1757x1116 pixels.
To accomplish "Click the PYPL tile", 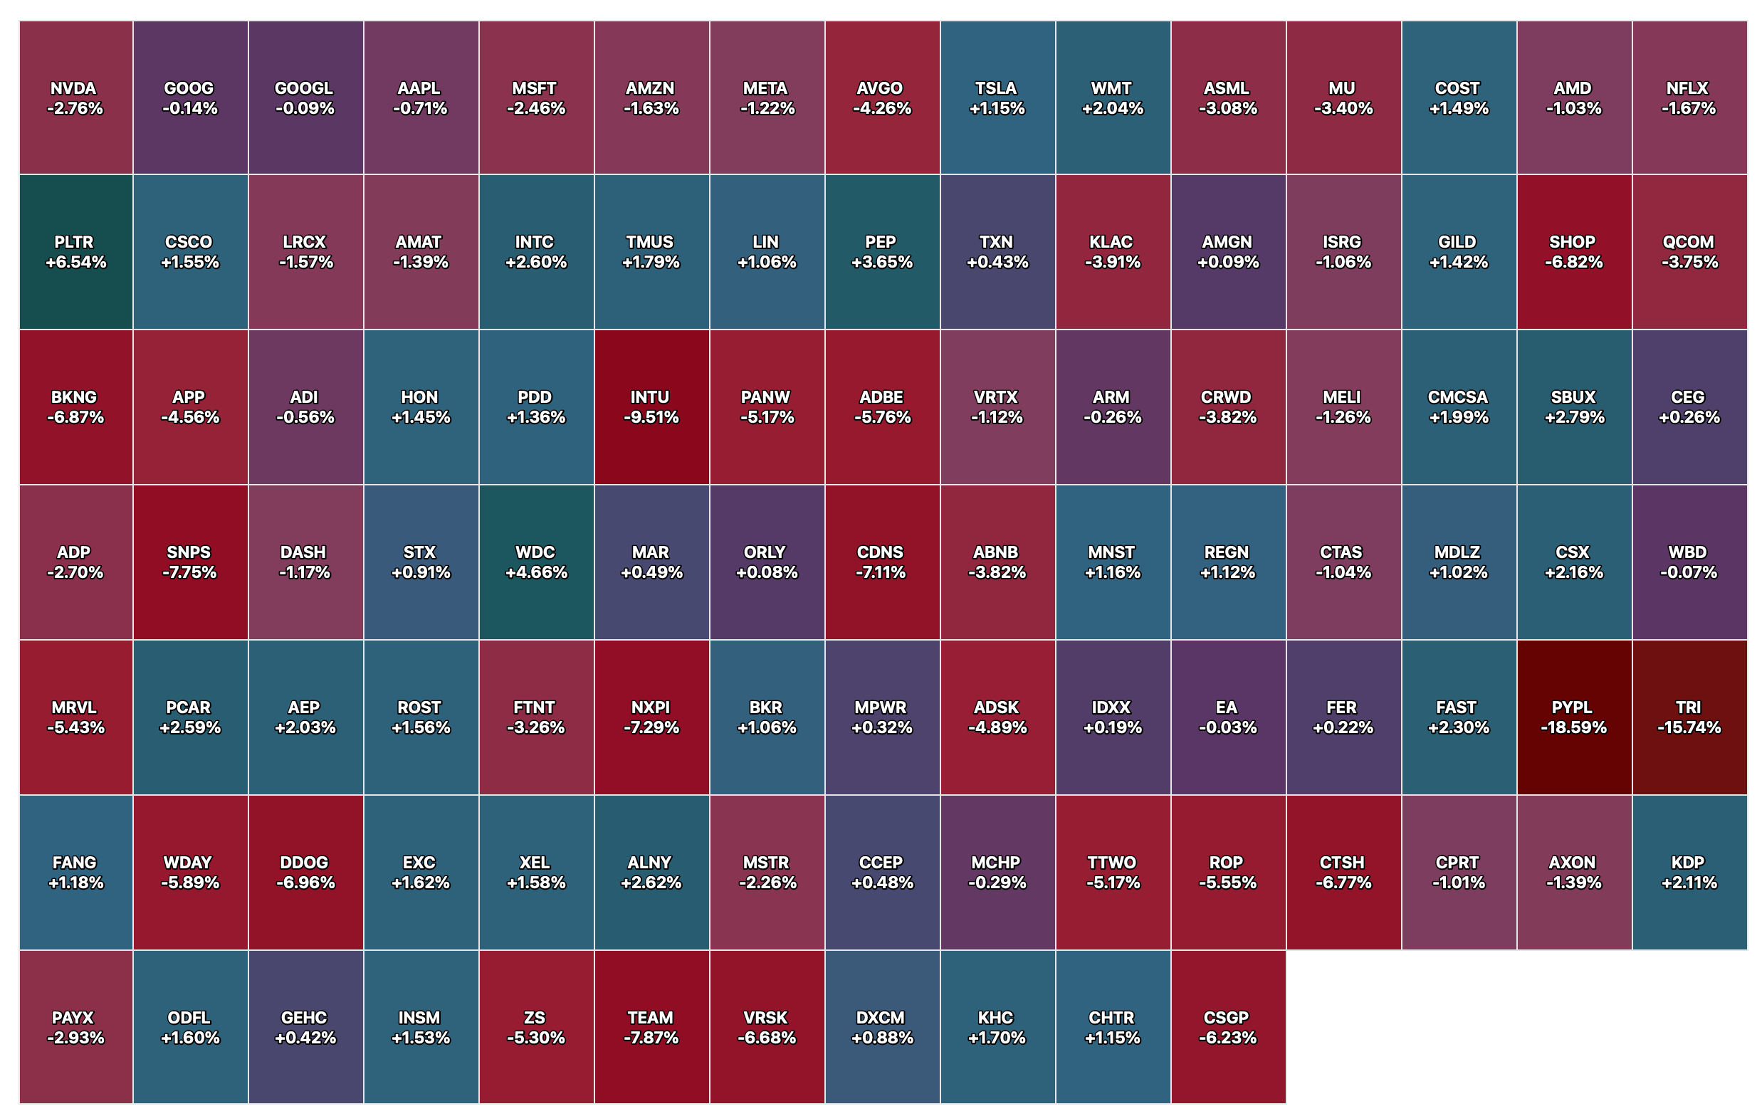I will pos(1573,717).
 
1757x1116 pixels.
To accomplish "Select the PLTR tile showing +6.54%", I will pos(76,252).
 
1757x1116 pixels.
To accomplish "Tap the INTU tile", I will pos(651,407).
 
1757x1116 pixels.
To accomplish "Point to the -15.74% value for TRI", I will pos(1689,727).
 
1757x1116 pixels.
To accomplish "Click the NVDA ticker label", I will pos(73,88).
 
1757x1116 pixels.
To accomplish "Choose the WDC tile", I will pos(535,562).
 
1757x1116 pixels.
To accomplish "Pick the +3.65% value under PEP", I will pos(881,262).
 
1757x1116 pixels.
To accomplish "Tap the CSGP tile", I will pos(1227,1027).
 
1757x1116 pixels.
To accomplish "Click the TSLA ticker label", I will pos(996,88).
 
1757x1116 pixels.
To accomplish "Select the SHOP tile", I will pos(1573,252).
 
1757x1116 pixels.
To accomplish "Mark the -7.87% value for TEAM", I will pos(651,1037).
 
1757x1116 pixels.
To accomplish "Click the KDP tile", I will pos(1689,873).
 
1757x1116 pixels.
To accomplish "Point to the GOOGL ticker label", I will pos(304,88).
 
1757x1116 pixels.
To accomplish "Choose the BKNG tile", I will pos(76,407).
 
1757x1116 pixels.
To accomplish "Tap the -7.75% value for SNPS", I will pos(189,572).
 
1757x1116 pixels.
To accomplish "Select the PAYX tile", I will pos(76,1027).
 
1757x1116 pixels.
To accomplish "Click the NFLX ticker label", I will pos(1688,88).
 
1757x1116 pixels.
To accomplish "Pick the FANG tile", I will pos(76,873).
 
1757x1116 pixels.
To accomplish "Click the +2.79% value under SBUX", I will pos(1574,417).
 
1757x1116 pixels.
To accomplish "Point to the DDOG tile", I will pos(305,873).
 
